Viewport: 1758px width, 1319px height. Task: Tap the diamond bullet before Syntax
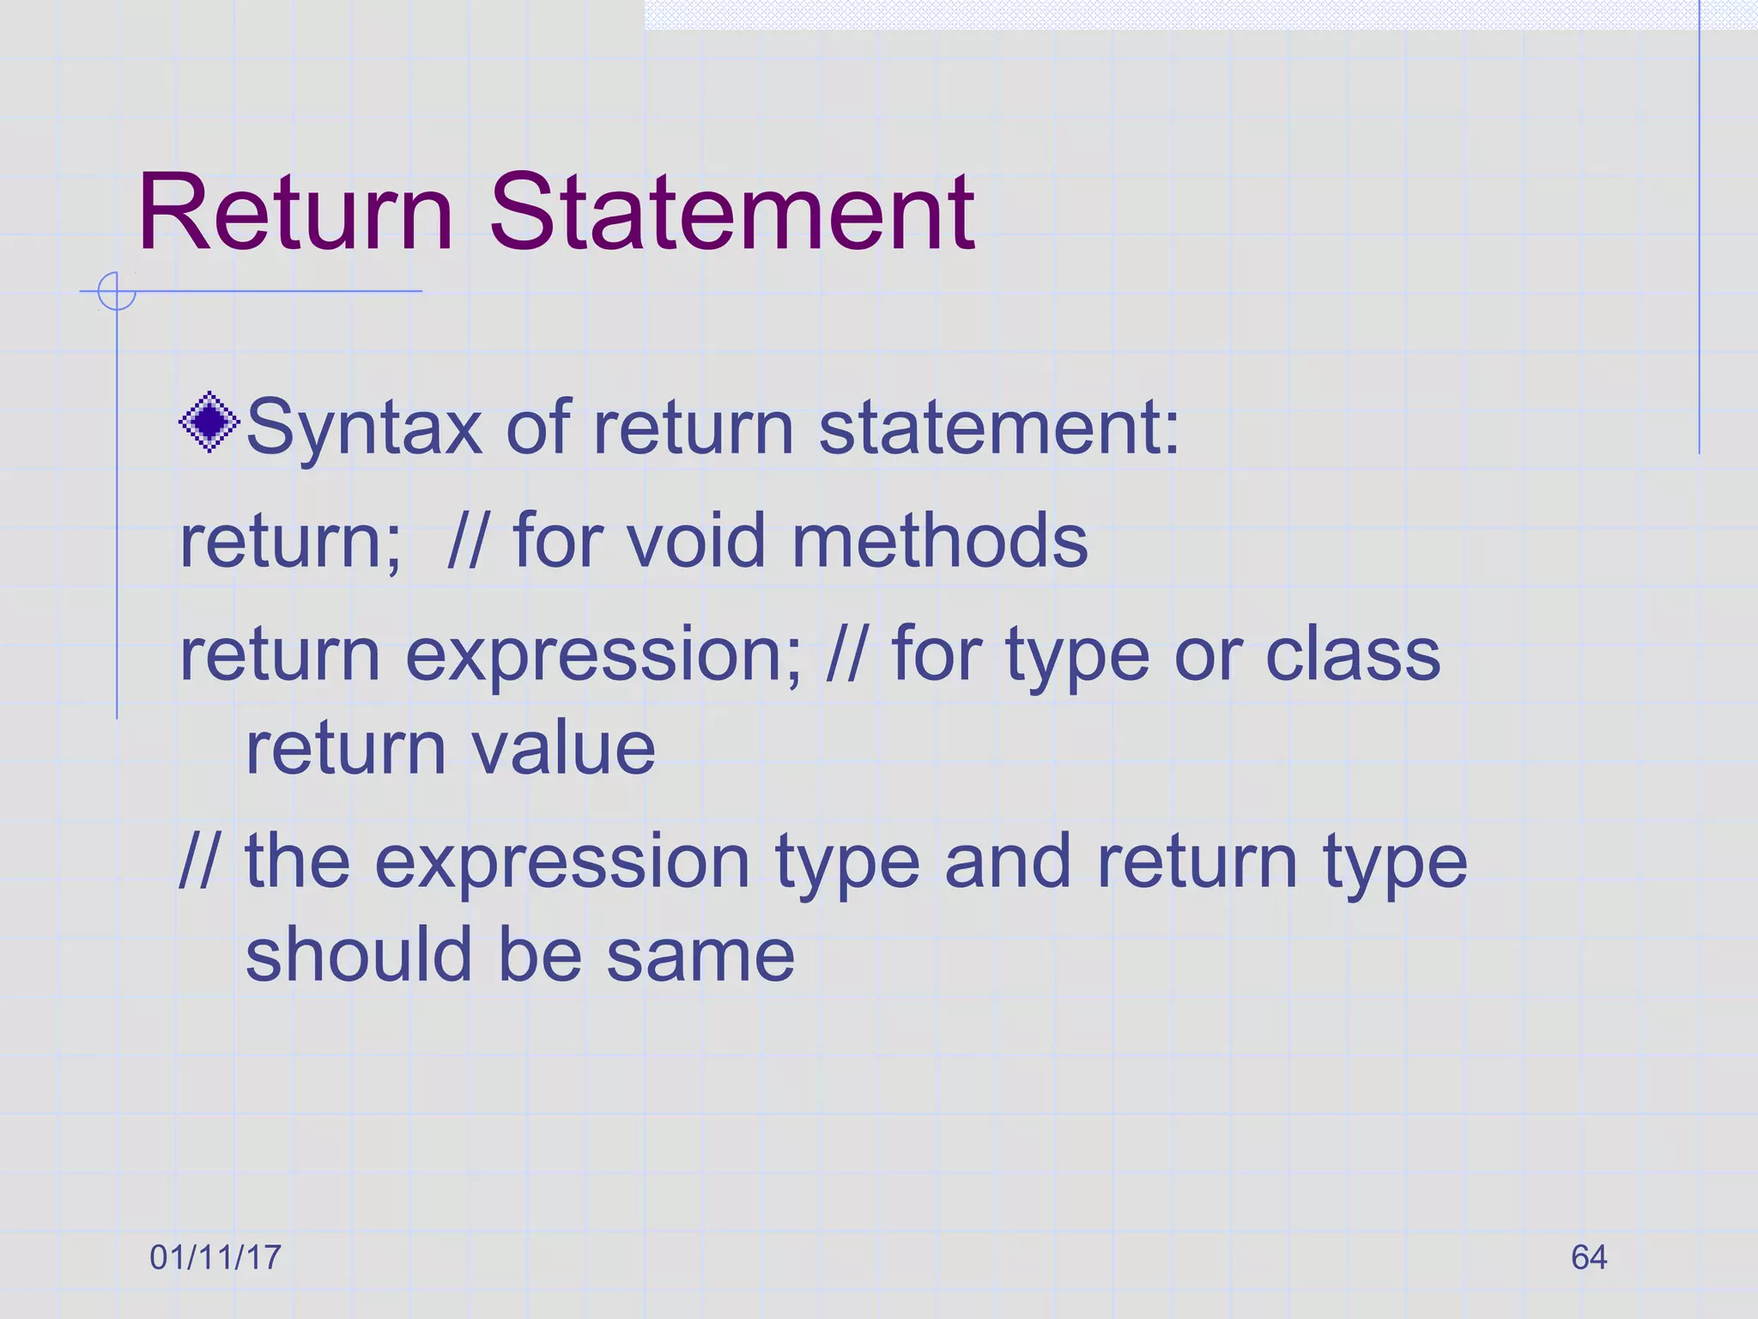[209, 422]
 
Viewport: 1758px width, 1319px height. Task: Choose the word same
[700, 955]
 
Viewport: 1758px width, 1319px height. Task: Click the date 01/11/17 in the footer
[215, 1257]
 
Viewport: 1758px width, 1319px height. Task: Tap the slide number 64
[1589, 1257]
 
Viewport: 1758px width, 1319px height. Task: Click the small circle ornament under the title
[116, 291]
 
